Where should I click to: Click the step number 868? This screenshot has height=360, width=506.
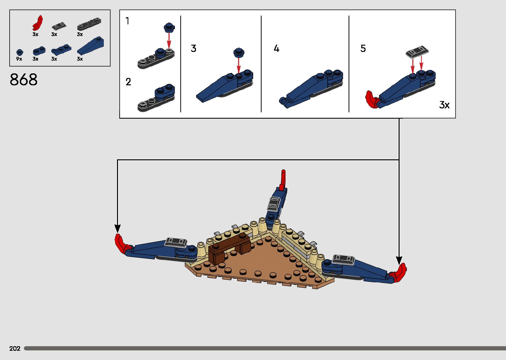[x=23, y=79]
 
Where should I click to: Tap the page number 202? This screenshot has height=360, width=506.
[x=15, y=348]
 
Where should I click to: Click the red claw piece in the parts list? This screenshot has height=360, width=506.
[x=37, y=23]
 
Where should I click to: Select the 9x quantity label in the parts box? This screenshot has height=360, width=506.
[x=19, y=59]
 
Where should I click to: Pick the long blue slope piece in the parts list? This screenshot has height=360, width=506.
[x=90, y=46]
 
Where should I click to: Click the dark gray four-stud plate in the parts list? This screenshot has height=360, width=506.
[x=89, y=24]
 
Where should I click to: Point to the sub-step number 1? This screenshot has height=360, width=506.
[x=128, y=21]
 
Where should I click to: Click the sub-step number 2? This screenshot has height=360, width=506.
[x=128, y=82]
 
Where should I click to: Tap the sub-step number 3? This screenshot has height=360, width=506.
[x=194, y=48]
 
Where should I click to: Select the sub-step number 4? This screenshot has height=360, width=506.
[x=277, y=48]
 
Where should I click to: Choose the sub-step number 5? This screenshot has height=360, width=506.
[x=363, y=48]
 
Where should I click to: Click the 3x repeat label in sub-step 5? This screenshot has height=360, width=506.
[x=444, y=105]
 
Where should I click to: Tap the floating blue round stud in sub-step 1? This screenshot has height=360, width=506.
[x=169, y=27]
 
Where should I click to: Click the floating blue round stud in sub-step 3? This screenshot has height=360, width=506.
[x=239, y=53]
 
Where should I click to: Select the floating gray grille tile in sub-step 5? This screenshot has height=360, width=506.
[x=417, y=52]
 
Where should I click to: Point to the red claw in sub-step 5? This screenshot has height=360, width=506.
[x=372, y=100]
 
